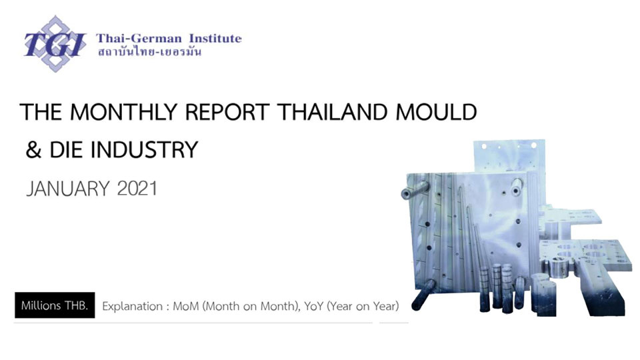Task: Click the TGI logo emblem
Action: pos(55,44)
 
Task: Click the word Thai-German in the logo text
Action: pos(139,39)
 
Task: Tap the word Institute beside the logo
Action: pos(215,39)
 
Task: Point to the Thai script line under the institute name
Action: pos(149,52)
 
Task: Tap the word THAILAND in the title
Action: pos(332,112)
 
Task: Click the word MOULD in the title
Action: pos(436,112)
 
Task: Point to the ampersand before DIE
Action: pos(33,149)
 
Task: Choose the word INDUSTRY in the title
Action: pos(144,149)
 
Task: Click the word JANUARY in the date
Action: pos(68,189)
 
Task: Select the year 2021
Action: pos(137,189)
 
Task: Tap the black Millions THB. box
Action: pos(55,305)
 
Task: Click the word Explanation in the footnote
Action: pos(132,307)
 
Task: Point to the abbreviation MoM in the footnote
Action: pos(186,306)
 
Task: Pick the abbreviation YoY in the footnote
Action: pos(313,306)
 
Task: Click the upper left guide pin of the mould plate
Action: pos(414,190)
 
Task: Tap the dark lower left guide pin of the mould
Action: pos(423,295)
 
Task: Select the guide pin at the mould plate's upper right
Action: pos(517,187)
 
